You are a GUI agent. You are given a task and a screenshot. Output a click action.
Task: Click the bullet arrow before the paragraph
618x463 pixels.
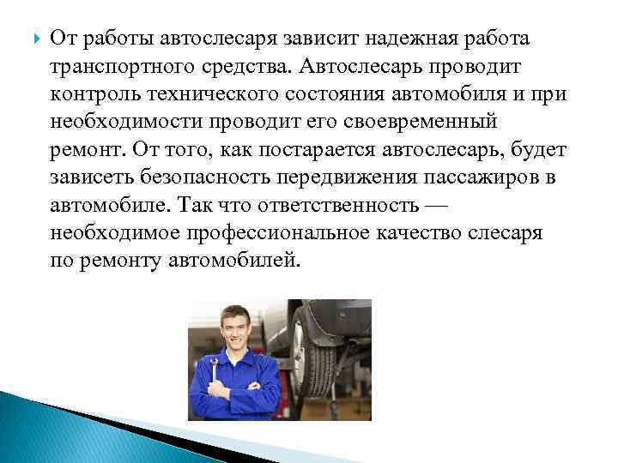(x=33, y=39)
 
